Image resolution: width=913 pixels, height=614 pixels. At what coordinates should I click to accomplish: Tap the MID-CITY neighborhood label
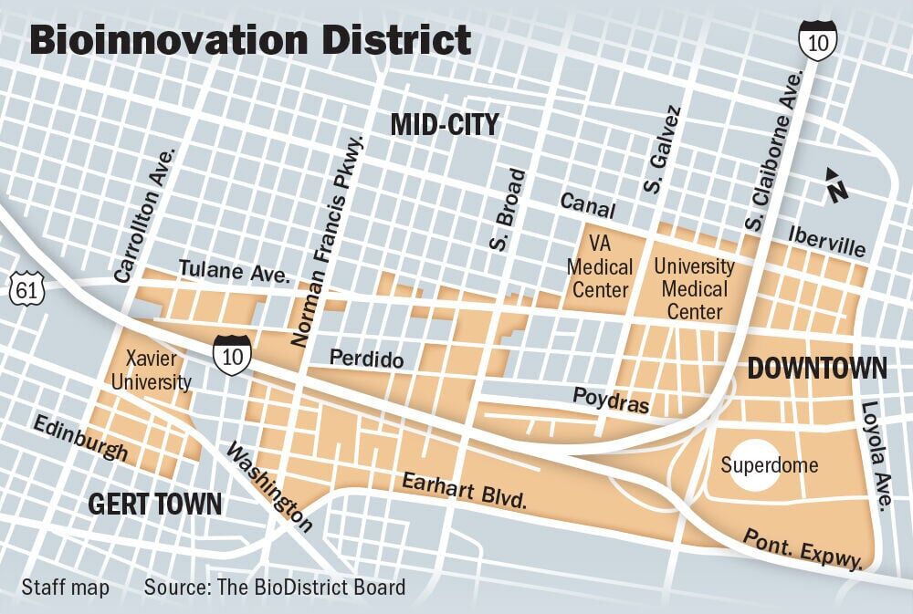(445, 124)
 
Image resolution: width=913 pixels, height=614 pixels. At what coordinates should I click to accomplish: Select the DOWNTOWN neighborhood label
(817, 368)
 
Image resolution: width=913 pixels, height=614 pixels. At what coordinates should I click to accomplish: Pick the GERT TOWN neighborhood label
(154, 503)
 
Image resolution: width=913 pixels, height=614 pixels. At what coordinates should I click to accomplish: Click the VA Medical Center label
(599, 267)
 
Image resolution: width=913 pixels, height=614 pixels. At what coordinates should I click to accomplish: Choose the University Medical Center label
(695, 289)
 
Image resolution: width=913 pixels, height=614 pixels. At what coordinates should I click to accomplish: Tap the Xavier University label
(151, 369)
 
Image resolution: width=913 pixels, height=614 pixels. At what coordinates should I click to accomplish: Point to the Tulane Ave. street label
(235, 273)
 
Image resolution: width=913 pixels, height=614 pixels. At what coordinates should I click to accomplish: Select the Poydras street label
(611, 401)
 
